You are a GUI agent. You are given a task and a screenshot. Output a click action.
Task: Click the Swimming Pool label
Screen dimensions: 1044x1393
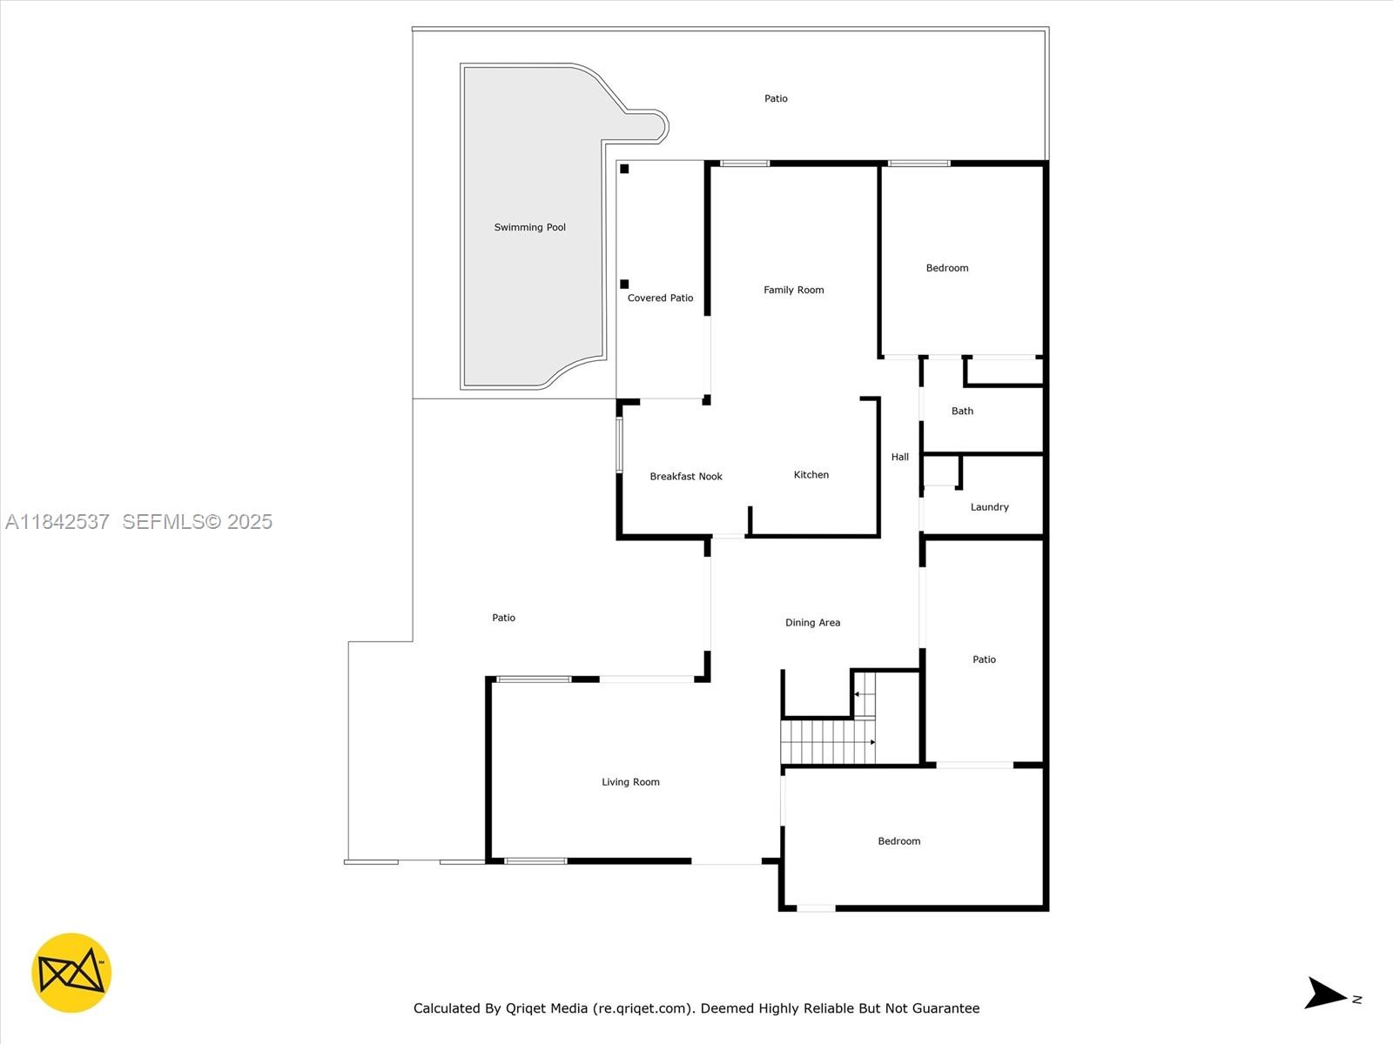coord(529,228)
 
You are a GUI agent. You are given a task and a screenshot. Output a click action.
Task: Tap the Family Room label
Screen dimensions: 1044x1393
coord(793,291)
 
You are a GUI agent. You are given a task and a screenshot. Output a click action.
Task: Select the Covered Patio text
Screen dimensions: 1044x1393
coord(660,298)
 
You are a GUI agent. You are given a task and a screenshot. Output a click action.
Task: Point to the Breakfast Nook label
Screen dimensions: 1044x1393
coord(686,477)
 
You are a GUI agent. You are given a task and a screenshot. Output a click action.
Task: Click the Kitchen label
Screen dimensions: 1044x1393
coord(811,475)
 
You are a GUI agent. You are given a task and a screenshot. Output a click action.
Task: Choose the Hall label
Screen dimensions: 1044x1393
coord(899,457)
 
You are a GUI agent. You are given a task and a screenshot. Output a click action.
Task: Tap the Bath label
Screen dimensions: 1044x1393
coord(962,412)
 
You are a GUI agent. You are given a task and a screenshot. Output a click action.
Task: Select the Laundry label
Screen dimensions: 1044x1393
coord(989,507)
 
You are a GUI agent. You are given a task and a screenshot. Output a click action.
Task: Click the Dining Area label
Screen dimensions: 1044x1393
coord(812,623)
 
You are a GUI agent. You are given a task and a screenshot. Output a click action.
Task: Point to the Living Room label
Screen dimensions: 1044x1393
coord(630,782)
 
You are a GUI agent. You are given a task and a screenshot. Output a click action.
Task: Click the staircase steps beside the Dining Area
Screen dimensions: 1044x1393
coord(827,741)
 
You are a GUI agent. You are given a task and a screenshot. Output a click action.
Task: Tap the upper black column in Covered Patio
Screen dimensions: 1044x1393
coord(624,169)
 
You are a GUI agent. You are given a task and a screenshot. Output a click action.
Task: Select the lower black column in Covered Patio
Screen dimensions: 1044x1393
coord(624,284)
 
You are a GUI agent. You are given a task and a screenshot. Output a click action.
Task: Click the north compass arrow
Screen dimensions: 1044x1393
coord(1326,994)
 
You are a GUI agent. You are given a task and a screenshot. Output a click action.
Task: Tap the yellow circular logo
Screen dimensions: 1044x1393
coord(71,973)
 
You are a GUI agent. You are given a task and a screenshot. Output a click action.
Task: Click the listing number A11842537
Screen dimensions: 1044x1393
coord(57,522)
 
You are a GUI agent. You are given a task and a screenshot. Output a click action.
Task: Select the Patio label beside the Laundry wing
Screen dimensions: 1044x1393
coord(984,659)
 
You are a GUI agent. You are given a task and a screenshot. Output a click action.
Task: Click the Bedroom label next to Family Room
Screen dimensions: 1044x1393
coord(946,268)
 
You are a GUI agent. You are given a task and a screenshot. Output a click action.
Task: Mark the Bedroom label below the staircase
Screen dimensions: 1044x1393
coord(898,841)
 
